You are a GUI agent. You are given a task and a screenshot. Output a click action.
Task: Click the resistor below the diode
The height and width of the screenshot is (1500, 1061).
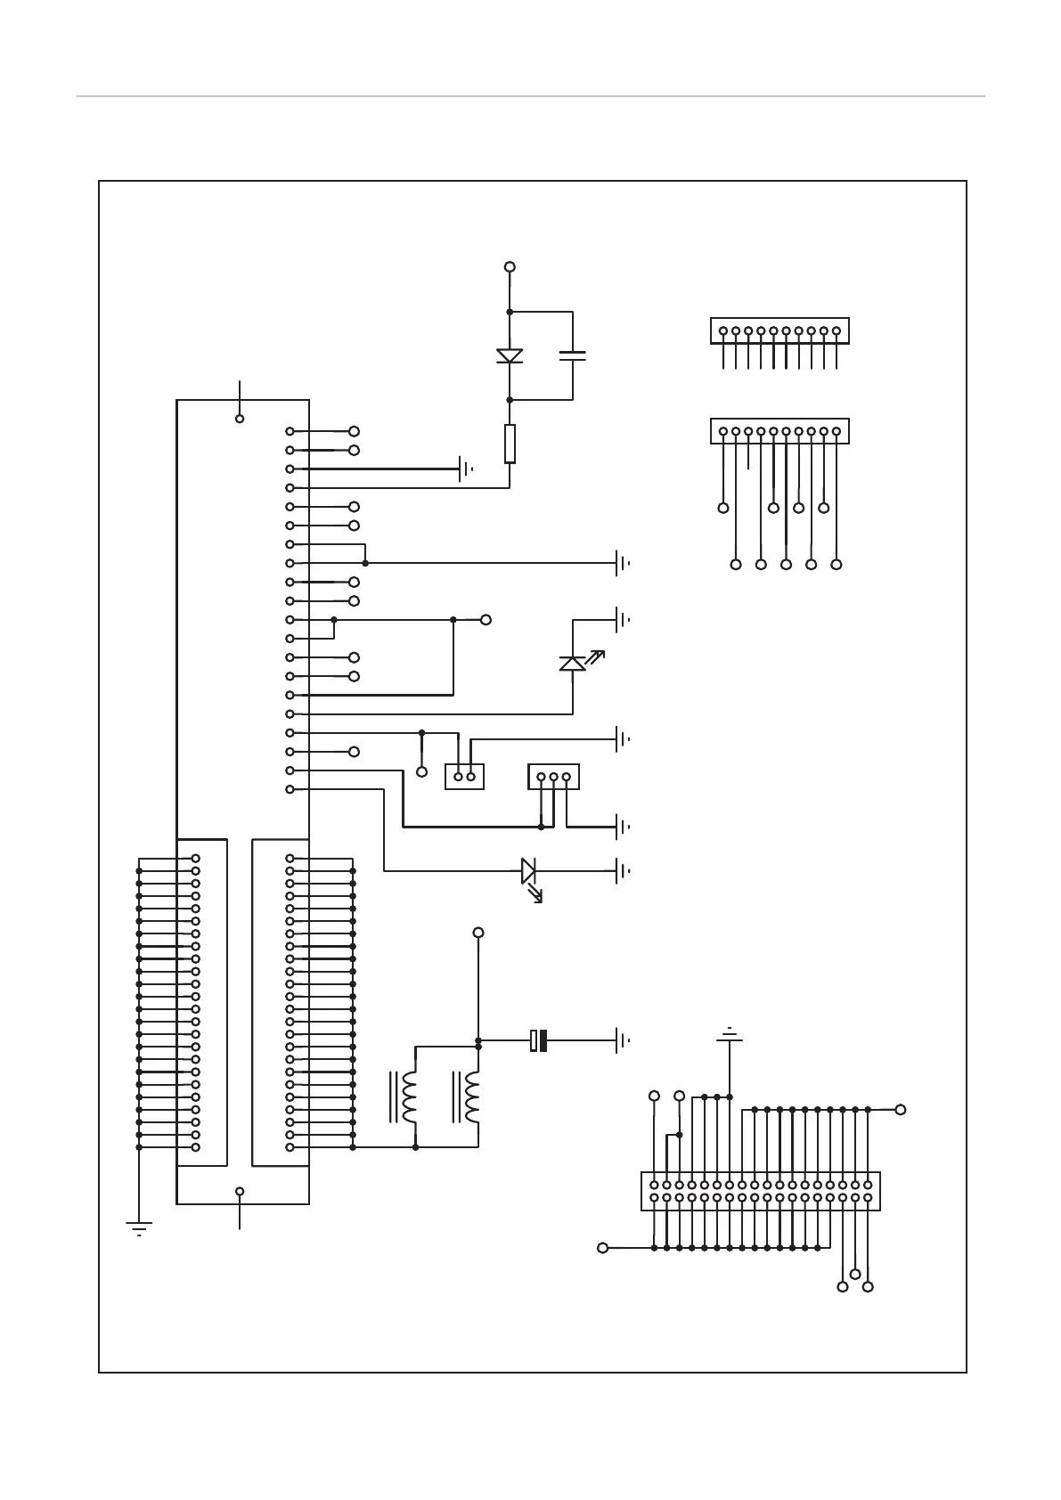(x=510, y=444)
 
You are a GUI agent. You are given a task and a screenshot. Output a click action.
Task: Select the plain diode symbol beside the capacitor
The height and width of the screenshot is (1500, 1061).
(x=510, y=356)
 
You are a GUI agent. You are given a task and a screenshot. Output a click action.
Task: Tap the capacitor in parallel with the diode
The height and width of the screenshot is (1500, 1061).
(x=572, y=355)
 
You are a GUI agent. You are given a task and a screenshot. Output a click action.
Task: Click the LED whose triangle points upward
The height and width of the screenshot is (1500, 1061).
(x=572, y=664)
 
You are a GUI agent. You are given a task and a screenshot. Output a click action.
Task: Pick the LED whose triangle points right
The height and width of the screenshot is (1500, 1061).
(x=528, y=870)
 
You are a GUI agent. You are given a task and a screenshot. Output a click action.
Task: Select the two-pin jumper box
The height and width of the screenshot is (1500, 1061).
(x=464, y=776)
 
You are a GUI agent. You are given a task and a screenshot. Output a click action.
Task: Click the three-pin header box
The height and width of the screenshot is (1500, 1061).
(x=553, y=776)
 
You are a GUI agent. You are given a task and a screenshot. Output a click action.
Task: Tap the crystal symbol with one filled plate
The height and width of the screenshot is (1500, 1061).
(x=538, y=1039)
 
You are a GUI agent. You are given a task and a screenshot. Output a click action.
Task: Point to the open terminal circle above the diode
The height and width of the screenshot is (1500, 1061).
(x=510, y=266)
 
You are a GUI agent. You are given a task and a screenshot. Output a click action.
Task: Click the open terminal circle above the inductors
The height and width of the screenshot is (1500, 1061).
(x=478, y=933)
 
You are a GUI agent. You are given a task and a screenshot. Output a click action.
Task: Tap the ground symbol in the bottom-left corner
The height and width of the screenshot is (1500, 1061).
(x=139, y=1228)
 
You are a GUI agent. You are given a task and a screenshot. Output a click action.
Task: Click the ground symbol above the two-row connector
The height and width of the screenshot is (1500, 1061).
(x=730, y=1034)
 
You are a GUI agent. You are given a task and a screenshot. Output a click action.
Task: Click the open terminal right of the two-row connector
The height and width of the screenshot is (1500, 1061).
(x=901, y=1109)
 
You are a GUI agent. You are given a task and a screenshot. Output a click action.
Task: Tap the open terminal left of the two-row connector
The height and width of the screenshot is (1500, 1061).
(x=602, y=1248)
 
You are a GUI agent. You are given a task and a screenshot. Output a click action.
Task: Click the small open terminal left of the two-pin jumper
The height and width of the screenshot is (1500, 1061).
(x=422, y=770)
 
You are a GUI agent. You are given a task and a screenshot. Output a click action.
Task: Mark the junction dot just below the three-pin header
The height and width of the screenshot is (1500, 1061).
(x=541, y=827)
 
